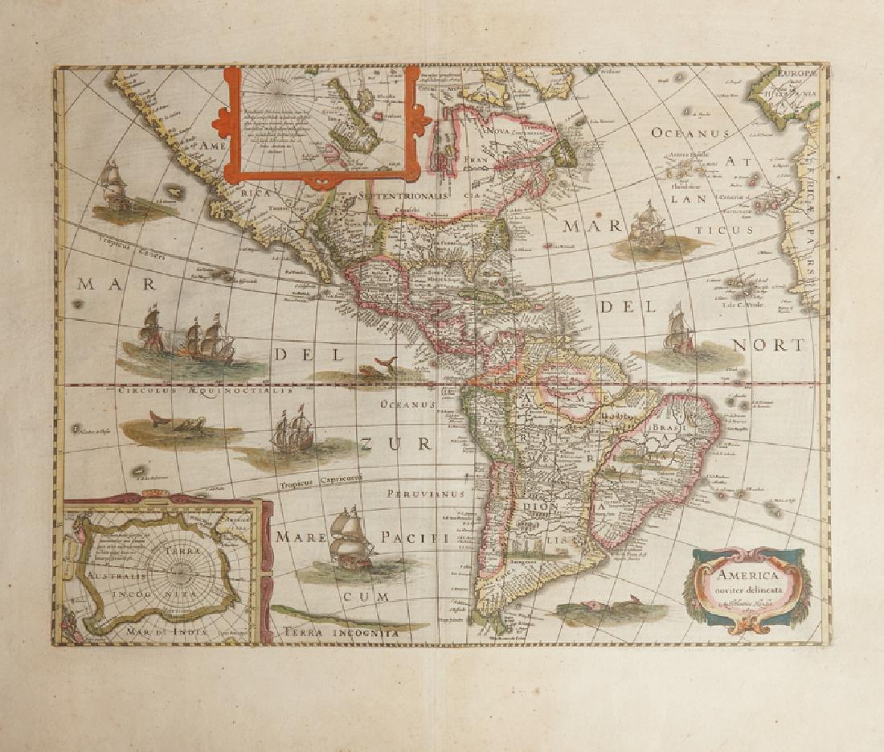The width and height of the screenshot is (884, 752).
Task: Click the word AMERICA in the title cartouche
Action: pos(743,576)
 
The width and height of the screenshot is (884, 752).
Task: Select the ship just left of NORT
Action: pos(680,331)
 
